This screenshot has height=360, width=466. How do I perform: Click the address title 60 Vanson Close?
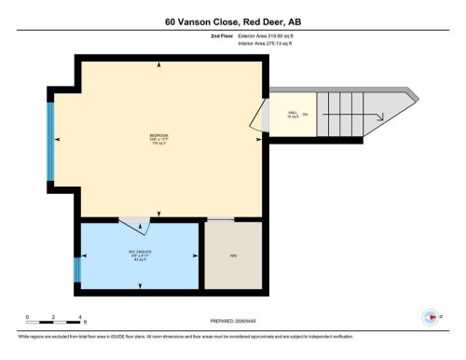click(x=233, y=21)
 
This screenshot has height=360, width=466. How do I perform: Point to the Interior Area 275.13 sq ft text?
click(x=271, y=43)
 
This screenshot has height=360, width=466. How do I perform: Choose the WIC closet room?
click(x=233, y=255)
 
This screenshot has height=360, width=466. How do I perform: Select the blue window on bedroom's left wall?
click(x=51, y=140)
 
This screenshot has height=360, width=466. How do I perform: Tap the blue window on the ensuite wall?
click(x=78, y=272)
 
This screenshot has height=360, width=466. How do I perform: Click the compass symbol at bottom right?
click(x=431, y=316)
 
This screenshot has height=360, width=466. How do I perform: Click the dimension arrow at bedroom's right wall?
click(x=249, y=140)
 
